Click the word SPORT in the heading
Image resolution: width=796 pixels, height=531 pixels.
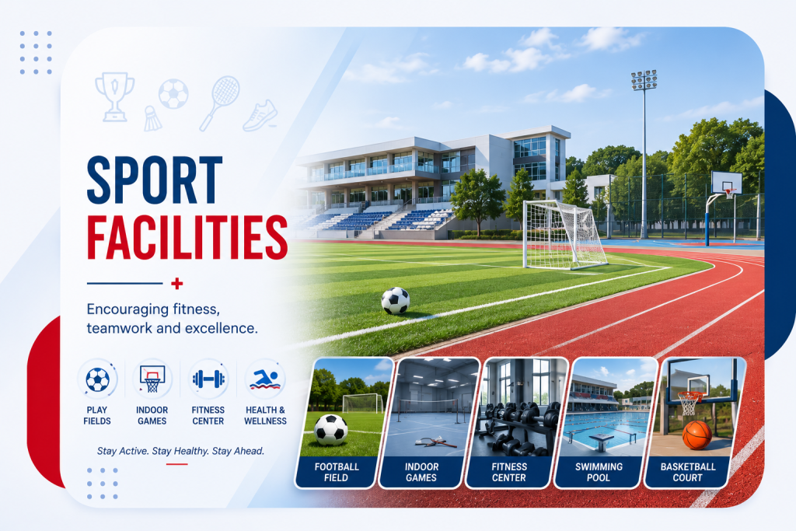155,180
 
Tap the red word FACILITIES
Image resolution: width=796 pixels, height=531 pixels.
187,238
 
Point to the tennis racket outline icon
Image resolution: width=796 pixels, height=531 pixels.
219,103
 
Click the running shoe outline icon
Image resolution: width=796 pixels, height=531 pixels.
260,116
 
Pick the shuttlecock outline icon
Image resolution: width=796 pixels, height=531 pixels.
152,119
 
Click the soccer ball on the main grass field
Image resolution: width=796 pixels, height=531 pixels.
396,301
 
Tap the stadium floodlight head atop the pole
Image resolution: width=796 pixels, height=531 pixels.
644,80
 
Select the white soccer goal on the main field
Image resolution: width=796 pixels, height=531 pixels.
564,234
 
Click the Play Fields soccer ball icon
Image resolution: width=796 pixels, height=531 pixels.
97,379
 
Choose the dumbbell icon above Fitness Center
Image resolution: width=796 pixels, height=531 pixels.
208,379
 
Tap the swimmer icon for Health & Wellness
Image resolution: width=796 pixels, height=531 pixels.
265,379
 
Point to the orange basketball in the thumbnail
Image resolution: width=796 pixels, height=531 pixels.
697,435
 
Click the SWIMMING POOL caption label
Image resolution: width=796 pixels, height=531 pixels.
599,472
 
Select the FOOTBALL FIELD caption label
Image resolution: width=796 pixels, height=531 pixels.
336,472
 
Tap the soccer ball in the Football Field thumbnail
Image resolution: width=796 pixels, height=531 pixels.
331,430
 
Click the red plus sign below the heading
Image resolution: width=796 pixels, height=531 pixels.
176,283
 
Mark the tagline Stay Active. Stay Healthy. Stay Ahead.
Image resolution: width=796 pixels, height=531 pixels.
180,451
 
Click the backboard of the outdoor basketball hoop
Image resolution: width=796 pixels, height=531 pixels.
727,182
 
